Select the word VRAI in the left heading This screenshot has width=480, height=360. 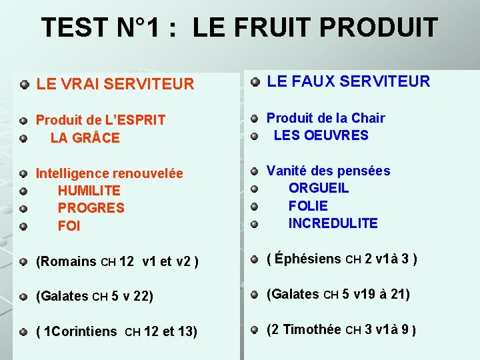(80, 84)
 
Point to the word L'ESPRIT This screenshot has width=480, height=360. (135, 121)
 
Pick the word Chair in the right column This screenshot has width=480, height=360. (369, 118)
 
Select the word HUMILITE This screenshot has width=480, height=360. (89, 191)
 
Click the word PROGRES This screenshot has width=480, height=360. (91, 208)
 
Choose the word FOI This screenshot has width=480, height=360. (69, 226)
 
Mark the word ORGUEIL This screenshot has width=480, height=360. (318, 188)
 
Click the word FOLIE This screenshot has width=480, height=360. (308, 206)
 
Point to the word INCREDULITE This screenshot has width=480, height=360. (333, 223)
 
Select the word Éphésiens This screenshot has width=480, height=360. (308, 259)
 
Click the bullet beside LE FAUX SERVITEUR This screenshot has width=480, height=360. (255, 82)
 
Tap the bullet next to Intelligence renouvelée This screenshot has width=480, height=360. (23, 173)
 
